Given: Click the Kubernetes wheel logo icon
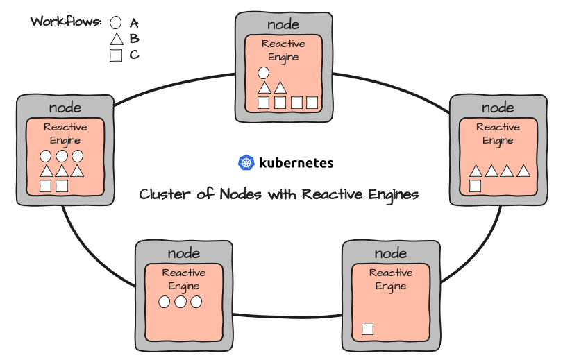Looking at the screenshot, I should point(246,163).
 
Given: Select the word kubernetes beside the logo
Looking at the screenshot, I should point(296,164).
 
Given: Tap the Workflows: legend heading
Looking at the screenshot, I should point(66,21).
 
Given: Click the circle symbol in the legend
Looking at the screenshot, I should point(116,23).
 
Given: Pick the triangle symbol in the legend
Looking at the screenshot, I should point(116,40).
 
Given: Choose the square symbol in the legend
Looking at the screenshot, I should point(116,55).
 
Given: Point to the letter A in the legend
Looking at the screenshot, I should point(134,23).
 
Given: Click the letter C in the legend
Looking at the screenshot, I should point(134,55).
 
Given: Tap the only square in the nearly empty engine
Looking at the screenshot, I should point(367,329).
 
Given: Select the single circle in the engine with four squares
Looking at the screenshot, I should point(263,72).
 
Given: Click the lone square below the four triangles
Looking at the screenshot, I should point(476,185).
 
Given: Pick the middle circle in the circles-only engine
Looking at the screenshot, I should point(180,302).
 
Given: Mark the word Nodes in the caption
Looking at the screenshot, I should point(242,194).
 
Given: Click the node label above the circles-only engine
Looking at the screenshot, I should point(184,252).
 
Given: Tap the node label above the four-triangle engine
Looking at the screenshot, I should point(498,107).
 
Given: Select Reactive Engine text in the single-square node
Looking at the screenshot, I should point(390,279).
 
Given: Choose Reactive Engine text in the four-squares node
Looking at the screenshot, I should point(283,50).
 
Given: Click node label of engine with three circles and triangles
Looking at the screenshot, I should point(65,108).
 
